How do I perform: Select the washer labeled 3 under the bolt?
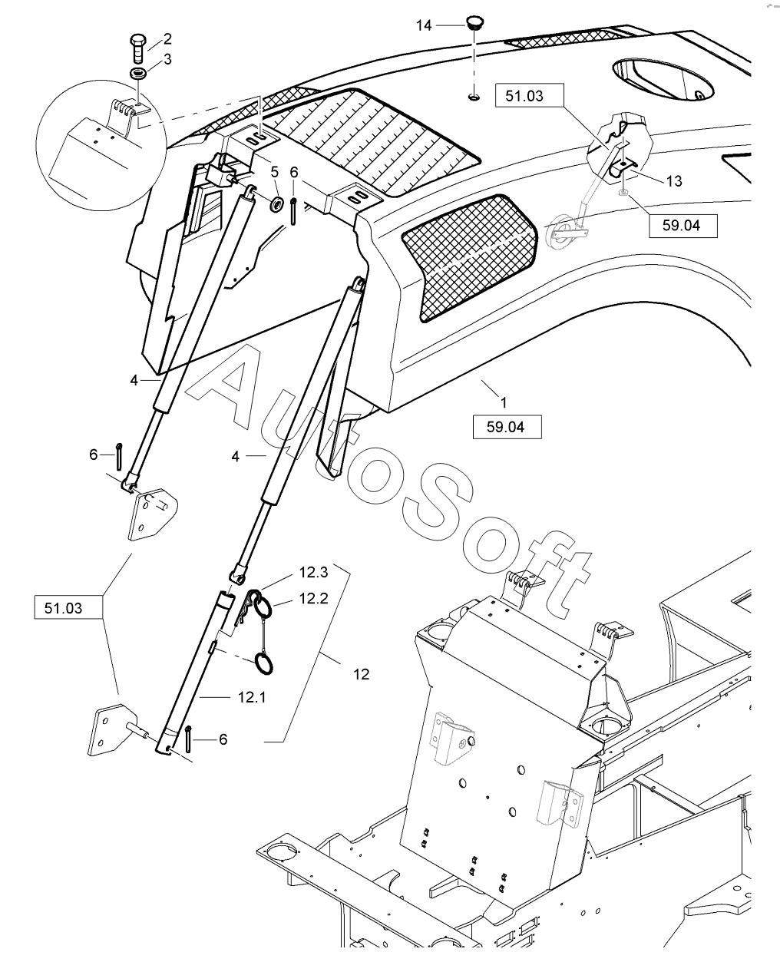coord(138,73)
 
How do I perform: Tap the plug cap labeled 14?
coord(474,22)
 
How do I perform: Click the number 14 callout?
coord(424,26)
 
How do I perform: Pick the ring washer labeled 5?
coord(276,204)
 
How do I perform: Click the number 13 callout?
coord(674,181)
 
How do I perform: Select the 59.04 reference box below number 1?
coord(507,427)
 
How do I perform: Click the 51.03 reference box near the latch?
coord(529,95)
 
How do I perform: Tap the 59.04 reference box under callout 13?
coord(683,226)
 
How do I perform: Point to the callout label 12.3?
coord(313,572)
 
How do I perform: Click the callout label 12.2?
coord(313,599)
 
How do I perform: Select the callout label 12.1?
coord(252,697)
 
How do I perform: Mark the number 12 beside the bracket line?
coord(362,674)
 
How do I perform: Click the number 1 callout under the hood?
coord(504,402)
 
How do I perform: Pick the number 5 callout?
coord(275,172)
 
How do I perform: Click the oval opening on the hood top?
coord(663,79)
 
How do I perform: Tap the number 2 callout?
coord(167,39)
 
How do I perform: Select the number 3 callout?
coord(167,59)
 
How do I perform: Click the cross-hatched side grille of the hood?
coord(468,257)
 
